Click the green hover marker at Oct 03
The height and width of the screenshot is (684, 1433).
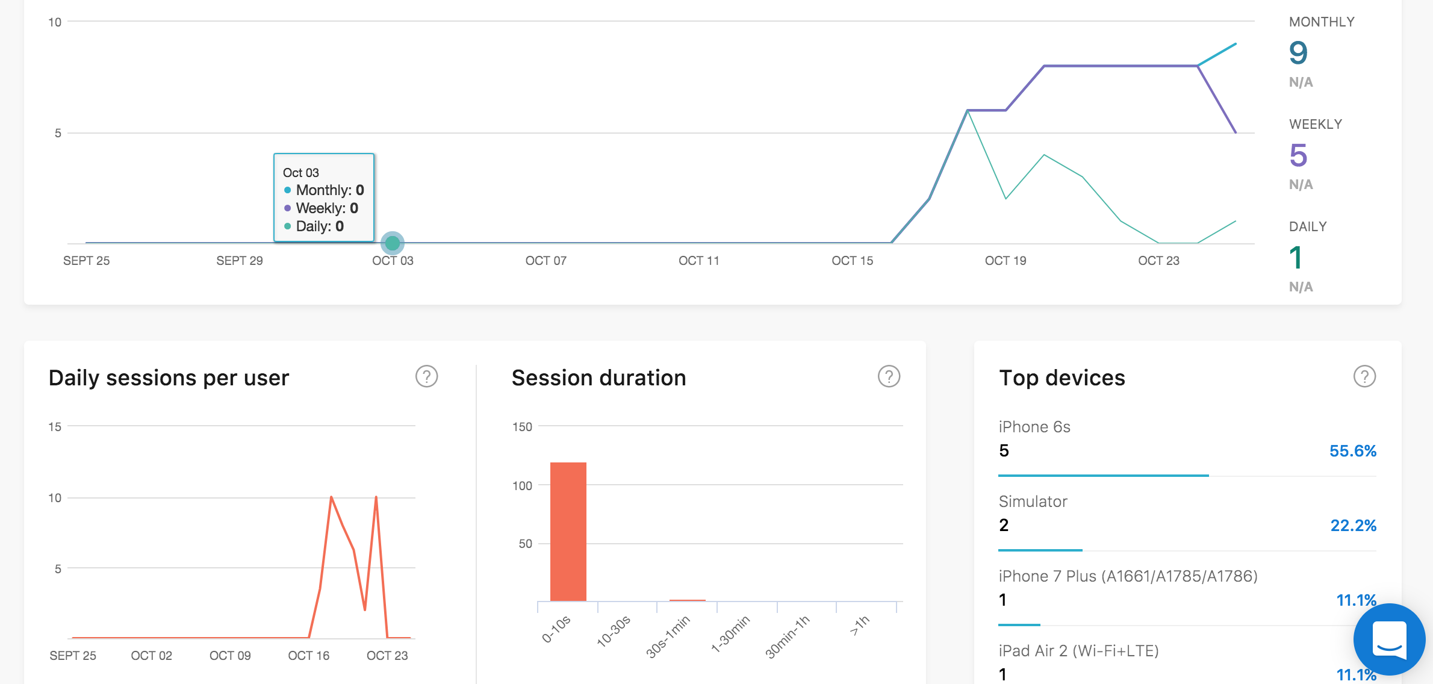pos(393,243)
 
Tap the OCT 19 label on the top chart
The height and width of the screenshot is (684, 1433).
pos(1006,261)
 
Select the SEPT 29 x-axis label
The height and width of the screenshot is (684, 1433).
pos(240,261)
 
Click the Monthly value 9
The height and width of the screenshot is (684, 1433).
pos(1298,53)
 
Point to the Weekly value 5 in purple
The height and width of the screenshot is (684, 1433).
pos(1298,155)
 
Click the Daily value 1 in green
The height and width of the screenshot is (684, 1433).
pos(1296,258)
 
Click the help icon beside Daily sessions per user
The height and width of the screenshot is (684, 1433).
pos(426,376)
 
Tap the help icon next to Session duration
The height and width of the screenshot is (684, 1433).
pos(889,376)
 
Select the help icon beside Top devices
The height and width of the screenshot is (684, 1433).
pos(1364,376)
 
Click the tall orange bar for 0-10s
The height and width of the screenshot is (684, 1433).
pos(568,532)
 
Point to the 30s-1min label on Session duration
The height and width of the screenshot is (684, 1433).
pos(668,636)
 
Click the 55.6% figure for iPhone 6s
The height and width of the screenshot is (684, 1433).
pos(1353,451)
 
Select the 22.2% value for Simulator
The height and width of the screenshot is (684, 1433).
pos(1354,526)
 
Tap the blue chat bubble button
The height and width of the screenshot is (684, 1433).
pos(1390,639)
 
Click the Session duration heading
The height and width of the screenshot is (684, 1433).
pos(599,378)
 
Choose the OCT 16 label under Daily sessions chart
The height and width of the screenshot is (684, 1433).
pos(309,656)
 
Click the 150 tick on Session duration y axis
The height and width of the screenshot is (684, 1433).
pos(522,427)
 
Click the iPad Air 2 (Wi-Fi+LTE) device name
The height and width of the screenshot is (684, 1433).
pos(1079,651)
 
